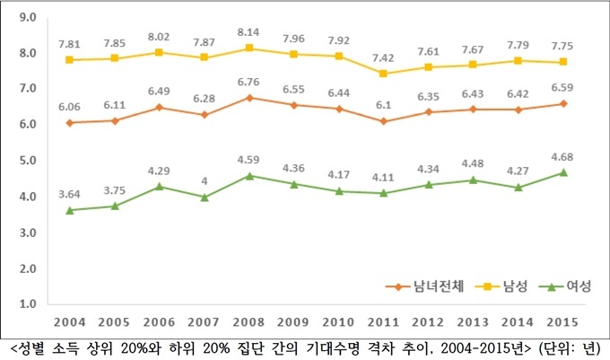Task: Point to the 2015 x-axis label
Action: (562, 322)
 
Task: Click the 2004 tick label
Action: (70, 322)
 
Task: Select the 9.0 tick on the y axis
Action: (26, 17)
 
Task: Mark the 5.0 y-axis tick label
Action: (26, 161)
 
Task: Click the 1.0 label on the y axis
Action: (26, 304)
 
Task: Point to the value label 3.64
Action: (70, 193)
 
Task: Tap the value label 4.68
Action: (562, 155)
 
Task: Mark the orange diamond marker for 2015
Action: (562, 103)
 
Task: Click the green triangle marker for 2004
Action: (70, 209)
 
